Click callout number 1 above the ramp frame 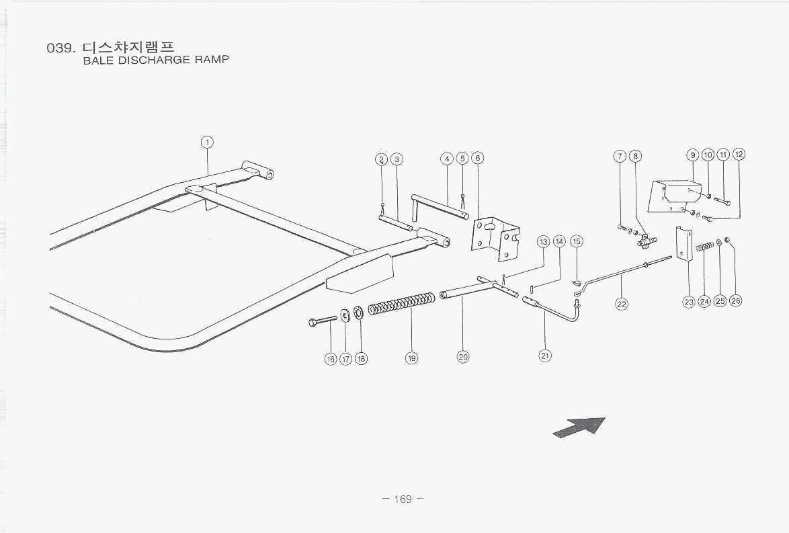click(x=207, y=142)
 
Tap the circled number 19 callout click(x=411, y=358)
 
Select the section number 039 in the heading click(x=60, y=48)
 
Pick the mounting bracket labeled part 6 click(x=495, y=237)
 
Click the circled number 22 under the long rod click(x=622, y=304)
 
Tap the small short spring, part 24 click(x=704, y=247)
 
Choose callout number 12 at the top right click(x=739, y=155)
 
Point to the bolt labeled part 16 click(x=324, y=321)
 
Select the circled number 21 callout click(x=545, y=356)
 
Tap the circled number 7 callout click(x=620, y=157)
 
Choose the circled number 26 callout click(x=735, y=301)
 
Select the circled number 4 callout click(x=447, y=159)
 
